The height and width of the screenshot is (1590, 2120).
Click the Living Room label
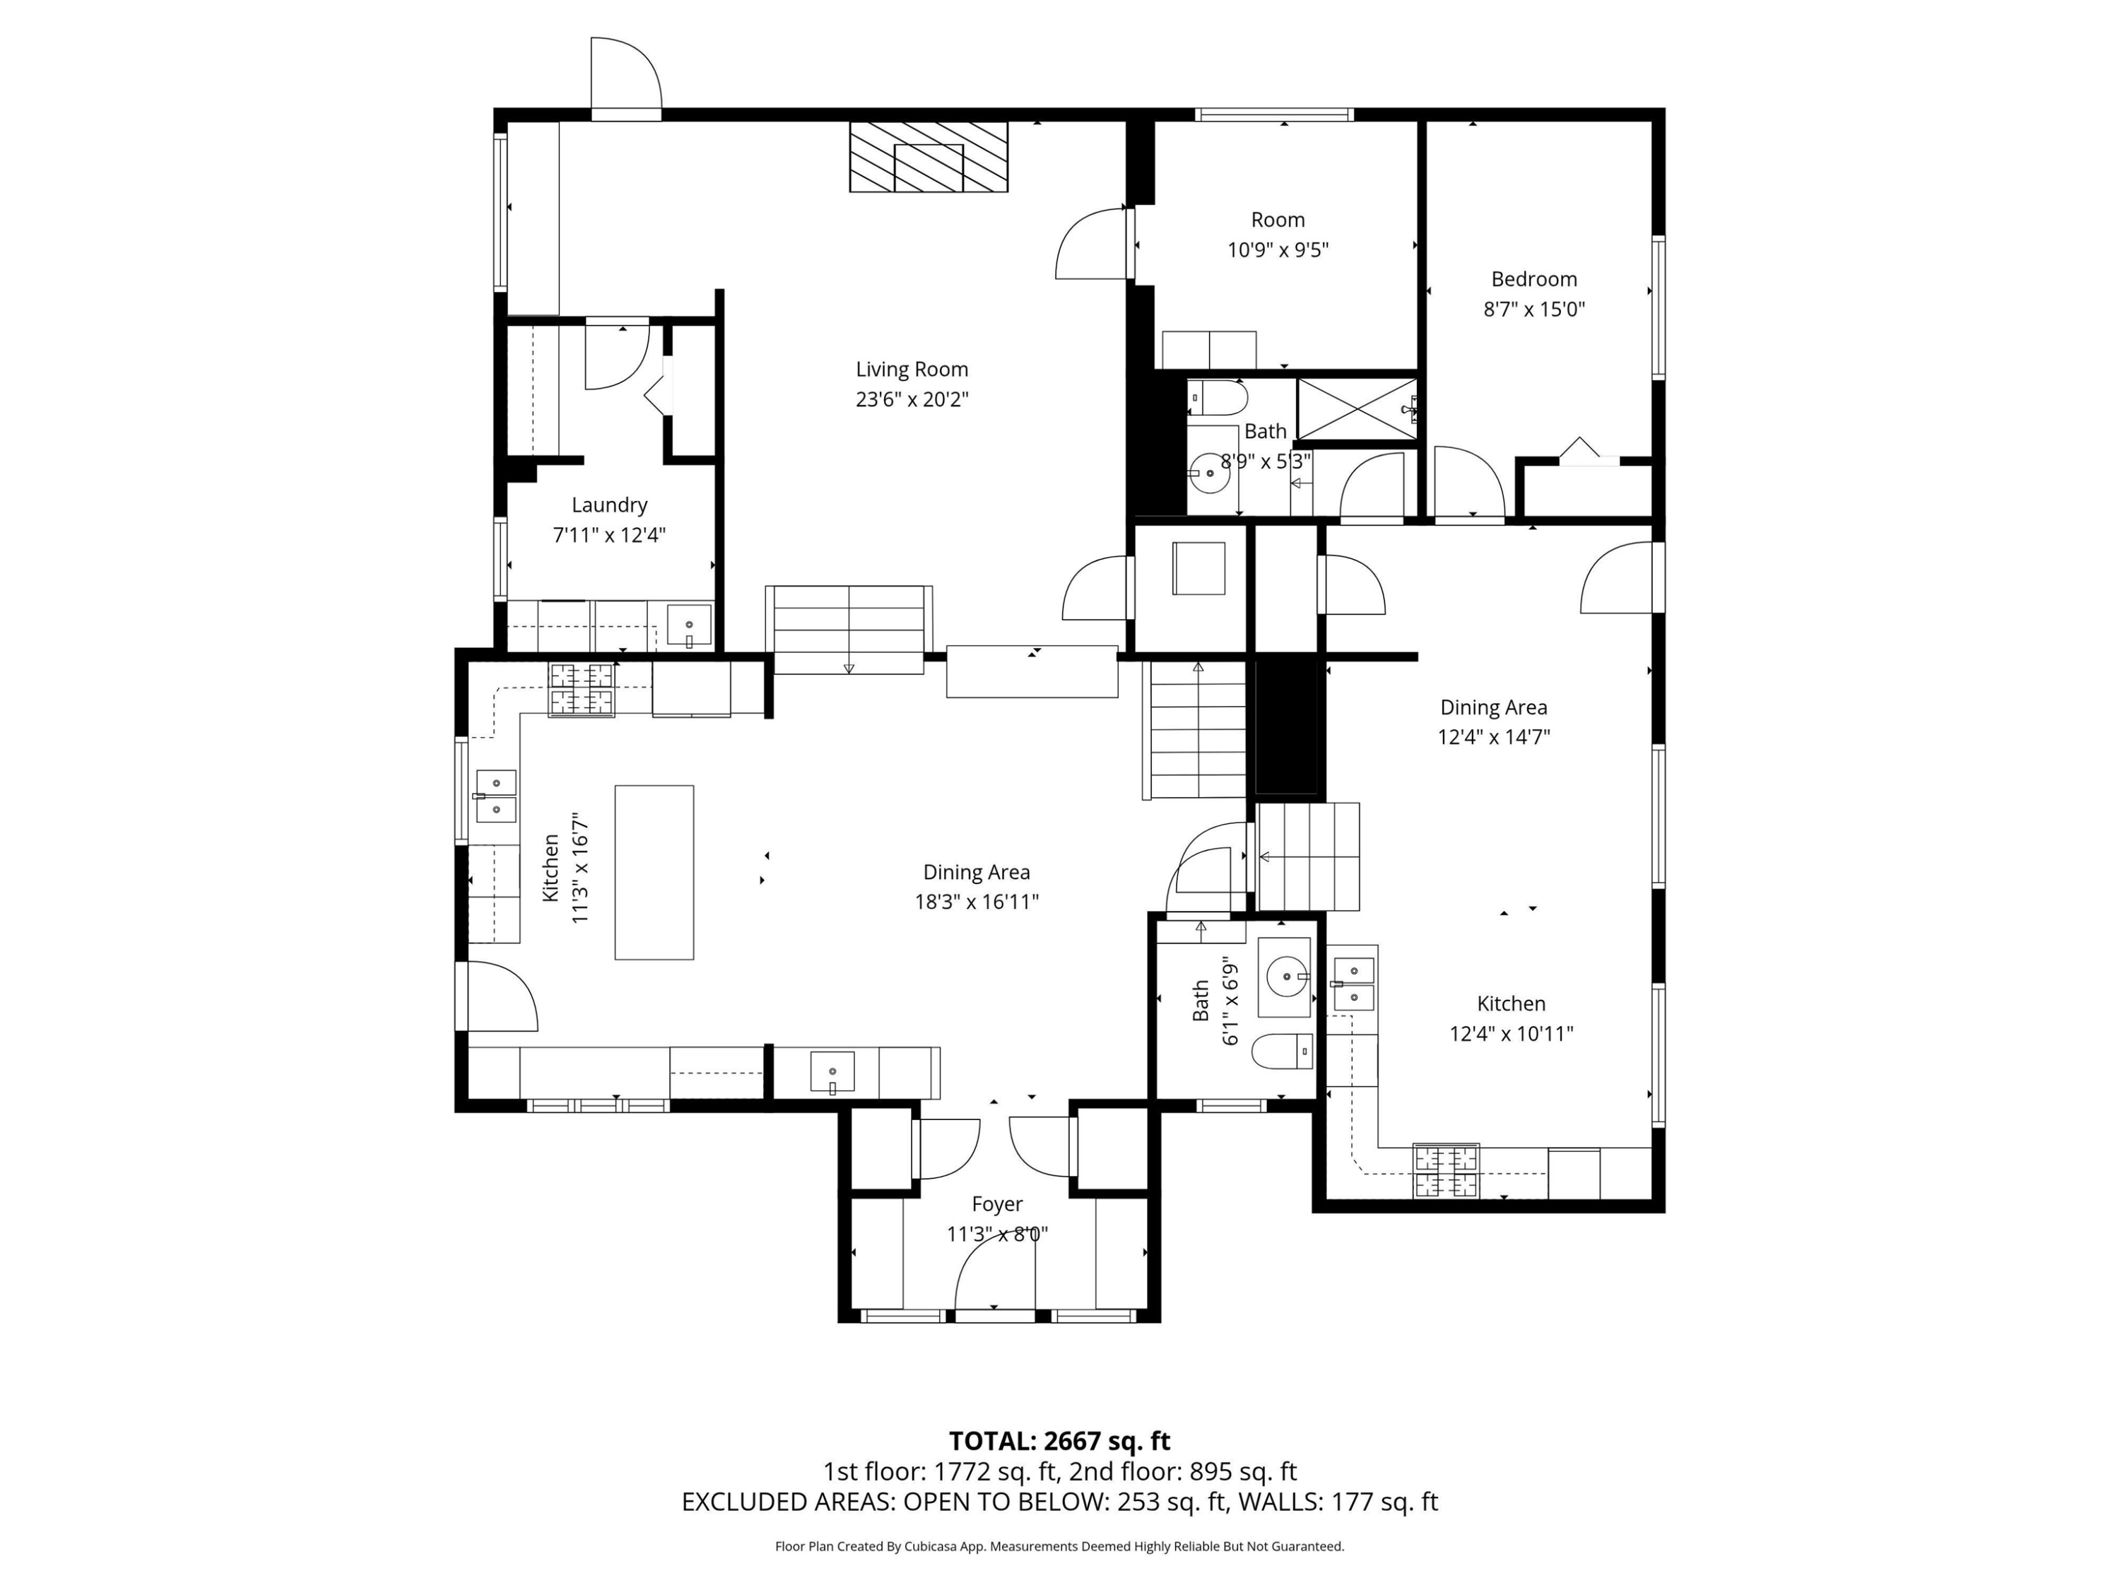(912, 369)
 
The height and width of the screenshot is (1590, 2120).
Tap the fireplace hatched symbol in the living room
(928, 156)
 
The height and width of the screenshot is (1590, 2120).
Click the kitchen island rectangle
(654, 872)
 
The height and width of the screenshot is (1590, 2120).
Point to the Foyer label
(996, 1203)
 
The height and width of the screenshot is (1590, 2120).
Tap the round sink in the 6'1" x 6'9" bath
(1285, 977)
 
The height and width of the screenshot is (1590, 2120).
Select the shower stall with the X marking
(1356, 409)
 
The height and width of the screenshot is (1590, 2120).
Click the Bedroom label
(1533, 279)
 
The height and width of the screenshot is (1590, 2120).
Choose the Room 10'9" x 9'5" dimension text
(1278, 250)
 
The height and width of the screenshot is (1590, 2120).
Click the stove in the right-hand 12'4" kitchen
(1445, 1171)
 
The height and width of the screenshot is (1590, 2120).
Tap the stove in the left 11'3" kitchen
(581, 689)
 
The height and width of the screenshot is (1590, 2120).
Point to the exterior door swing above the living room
(625, 76)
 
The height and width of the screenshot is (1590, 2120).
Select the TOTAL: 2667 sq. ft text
(1059, 1442)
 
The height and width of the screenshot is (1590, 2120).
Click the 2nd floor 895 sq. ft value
(1242, 1472)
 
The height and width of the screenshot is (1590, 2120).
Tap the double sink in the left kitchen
(495, 796)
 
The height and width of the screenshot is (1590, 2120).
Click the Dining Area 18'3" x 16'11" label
(976, 887)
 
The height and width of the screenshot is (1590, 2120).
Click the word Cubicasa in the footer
(926, 1546)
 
